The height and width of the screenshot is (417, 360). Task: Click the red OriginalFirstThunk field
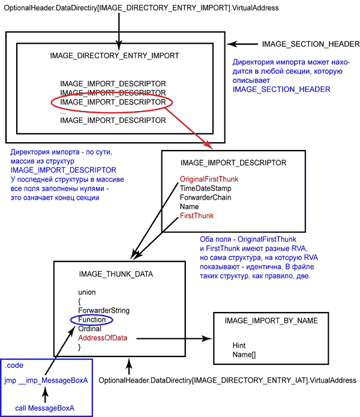pyautogui.click(x=209, y=179)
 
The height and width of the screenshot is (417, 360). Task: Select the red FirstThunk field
pyautogui.click(x=196, y=215)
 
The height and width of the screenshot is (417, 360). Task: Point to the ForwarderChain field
pyautogui.click(x=206, y=197)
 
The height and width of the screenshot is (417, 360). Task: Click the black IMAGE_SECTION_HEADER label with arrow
pyautogui.click(x=310, y=44)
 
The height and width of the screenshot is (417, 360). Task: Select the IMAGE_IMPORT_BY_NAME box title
pyautogui.click(x=271, y=321)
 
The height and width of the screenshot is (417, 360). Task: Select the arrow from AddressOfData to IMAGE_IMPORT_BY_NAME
pyautogui.click(x=170, y=338)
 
